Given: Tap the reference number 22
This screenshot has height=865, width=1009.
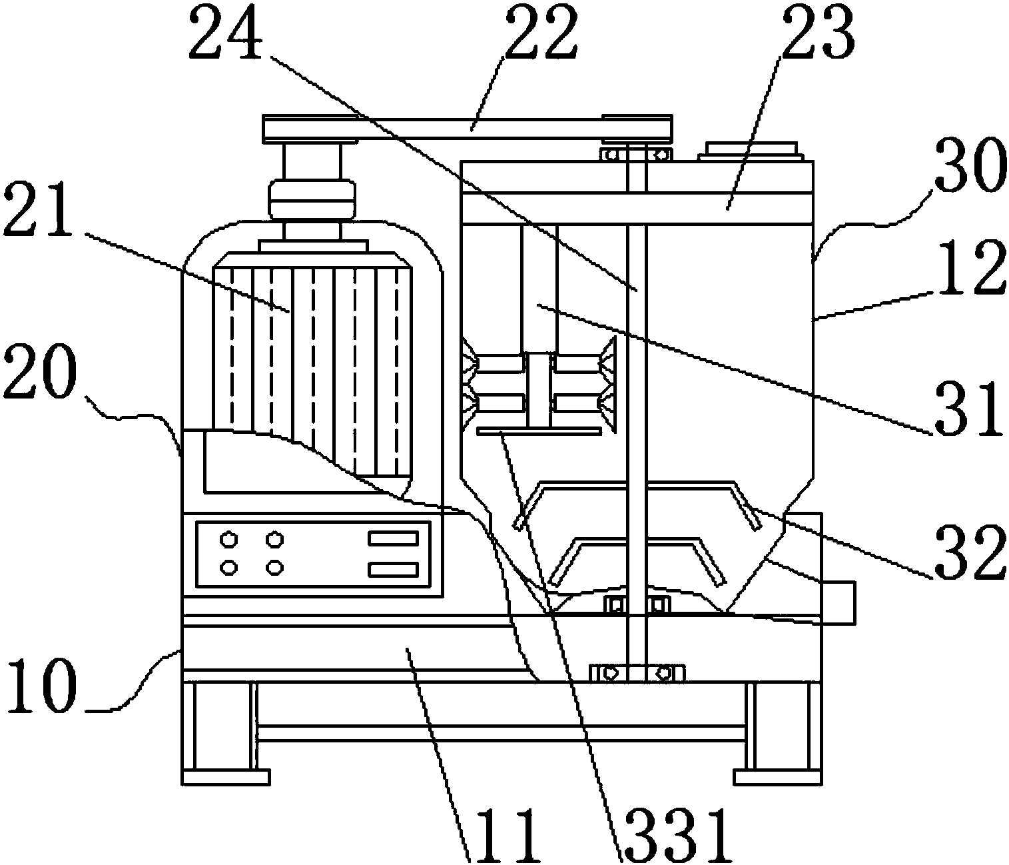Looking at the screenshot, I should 539,33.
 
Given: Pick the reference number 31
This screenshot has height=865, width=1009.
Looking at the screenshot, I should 970,408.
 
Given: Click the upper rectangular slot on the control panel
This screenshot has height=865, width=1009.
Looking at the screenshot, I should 394,538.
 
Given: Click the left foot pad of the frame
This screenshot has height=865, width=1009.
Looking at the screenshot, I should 225,777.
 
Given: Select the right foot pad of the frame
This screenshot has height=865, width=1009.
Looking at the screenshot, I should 777,777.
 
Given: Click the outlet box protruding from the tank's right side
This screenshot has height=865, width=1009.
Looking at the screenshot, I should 838,602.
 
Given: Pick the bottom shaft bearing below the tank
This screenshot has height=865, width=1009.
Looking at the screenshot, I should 637,672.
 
